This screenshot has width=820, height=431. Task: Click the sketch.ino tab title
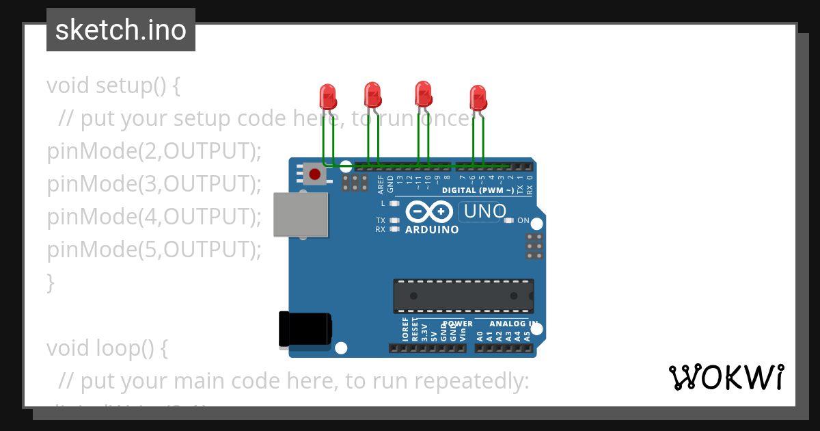(x=121, y=30)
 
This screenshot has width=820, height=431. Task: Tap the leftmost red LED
(x=328, y=96)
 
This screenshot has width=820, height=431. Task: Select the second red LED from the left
(x=372, y=94)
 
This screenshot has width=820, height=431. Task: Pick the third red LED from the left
(x=424, y=94)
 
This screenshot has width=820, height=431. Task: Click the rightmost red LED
(x=478, y=97)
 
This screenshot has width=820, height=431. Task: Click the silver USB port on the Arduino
(x=300, y=215)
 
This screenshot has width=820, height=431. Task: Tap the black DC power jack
(x=305, y=328)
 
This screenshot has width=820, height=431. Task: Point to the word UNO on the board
(x=484, y=212)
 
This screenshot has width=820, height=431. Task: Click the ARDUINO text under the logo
(x=432, y=230)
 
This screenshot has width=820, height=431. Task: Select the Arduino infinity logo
(x=429, y=211)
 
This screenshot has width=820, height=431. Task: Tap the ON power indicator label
(x=523, y=220)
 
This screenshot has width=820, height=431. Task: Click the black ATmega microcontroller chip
(x=463, y=296)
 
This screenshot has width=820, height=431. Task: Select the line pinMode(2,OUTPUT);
(x=154, y=151)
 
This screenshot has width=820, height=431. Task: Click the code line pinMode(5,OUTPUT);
(x=154, y=250)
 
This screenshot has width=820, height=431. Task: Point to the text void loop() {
(x=107, y=348)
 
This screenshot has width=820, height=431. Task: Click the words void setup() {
(x=113, y=86)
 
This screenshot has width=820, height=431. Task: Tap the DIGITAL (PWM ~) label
(x=478, y=190)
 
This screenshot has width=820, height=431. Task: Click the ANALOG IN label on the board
(x=513, y=324)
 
